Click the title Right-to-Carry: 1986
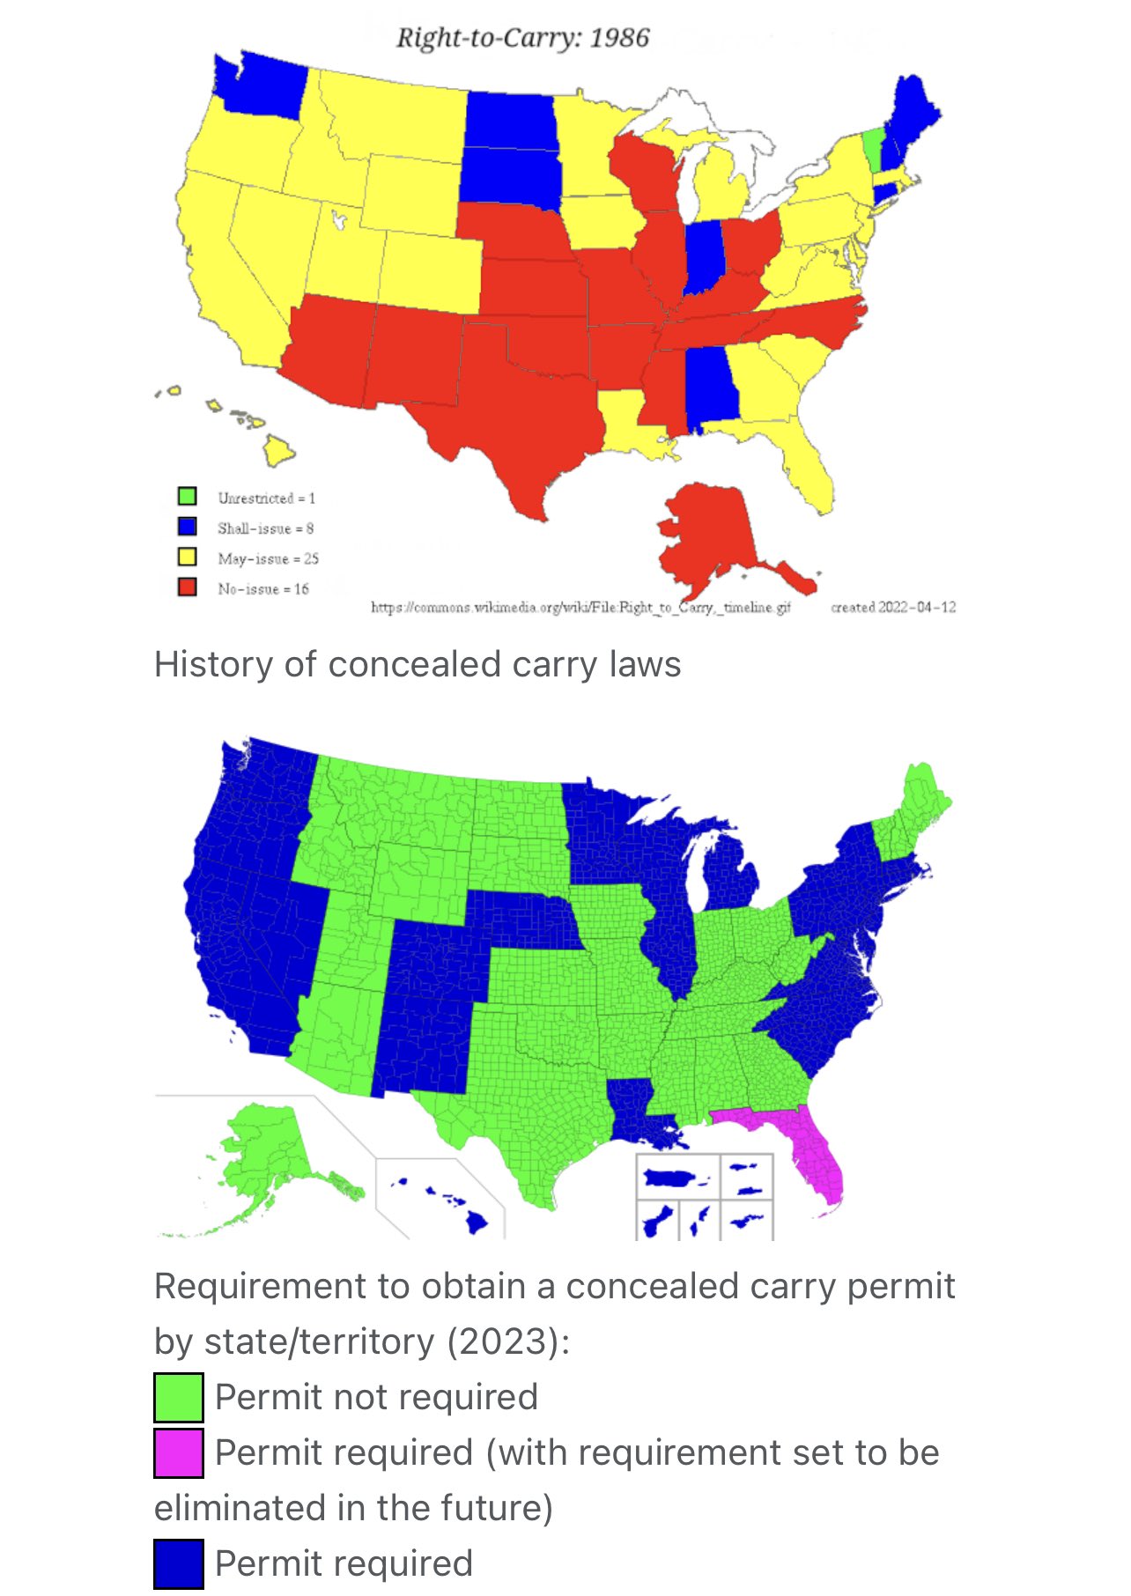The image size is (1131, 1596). [x=522, y=38]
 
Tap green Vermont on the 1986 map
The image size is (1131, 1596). [x=872, y=150]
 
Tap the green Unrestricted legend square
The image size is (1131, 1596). [x=187, y=497]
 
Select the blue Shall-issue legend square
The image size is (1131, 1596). [x=187, y=527]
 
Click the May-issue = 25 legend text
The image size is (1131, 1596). [x=268, y=558]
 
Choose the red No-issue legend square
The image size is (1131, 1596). [x=187, y=587]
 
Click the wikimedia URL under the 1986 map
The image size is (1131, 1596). [x=580, y=607]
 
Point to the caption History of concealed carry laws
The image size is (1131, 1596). [x=418, y=664]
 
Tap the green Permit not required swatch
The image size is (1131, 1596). [x=179, y=1397]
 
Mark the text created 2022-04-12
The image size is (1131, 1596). [x=893, y=607]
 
